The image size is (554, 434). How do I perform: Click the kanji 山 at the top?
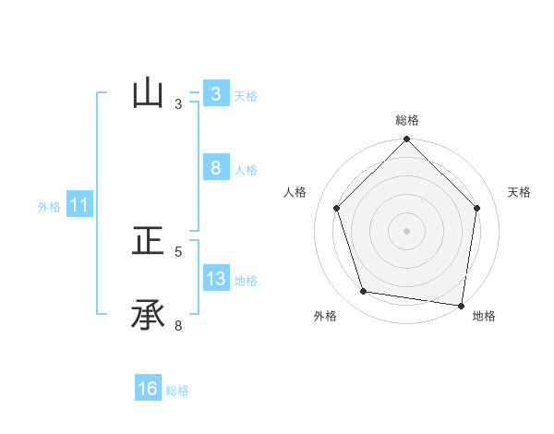(148, 93)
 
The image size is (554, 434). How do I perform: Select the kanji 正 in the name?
(148, 242)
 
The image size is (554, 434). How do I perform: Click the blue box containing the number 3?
(215, 93)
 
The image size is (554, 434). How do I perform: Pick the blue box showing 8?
(215, 168)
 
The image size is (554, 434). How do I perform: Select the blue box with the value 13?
(215, 279)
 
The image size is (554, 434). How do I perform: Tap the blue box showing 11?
(79, 205)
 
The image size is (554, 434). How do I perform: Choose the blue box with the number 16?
(148, 389)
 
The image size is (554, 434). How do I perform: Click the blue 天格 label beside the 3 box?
(246, 95)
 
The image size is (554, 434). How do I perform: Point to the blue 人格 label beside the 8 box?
(246, 170)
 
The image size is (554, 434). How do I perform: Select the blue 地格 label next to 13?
(246, 281)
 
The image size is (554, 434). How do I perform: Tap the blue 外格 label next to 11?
(49, 207)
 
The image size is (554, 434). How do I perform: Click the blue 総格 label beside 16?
(177, 391)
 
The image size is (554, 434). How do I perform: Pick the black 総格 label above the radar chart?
(407, 120)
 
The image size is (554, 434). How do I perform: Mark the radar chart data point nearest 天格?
(477, 208)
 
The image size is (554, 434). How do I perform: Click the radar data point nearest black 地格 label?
(461, 304)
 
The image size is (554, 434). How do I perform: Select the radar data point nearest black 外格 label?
(364, 292)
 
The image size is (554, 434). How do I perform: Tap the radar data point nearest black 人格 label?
(337, 208)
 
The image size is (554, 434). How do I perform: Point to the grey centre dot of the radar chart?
(407, 230)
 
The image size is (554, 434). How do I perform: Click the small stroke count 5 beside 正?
(178, 251)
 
